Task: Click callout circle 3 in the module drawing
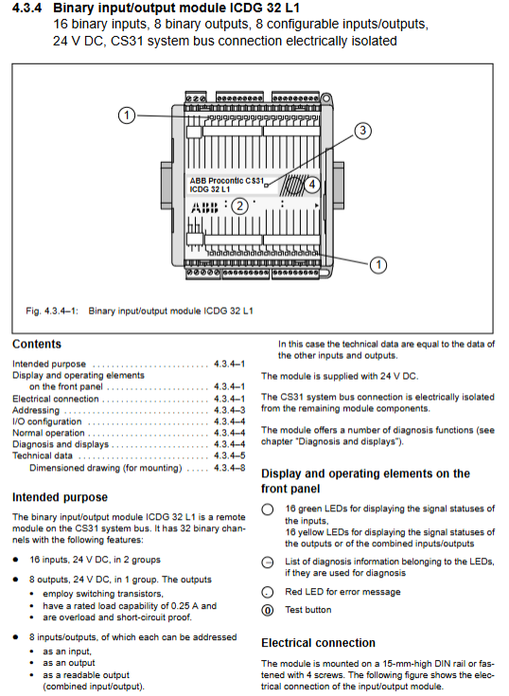click(362, 131)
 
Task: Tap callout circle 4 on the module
click(311, 185)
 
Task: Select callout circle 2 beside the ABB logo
click(240, 206)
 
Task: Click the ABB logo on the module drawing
click(204, 207)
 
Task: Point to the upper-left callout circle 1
click(127, 116)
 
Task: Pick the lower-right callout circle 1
click(377, 265)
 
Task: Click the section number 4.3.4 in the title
click(27, 8)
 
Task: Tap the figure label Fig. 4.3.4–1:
click(52, 311)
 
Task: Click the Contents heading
click(37, 344)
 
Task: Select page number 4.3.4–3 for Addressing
click(229, 410)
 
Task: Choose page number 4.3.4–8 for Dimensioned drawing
click(229, 468)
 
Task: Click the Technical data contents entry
click(43, 455)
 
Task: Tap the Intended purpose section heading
click(60, 497)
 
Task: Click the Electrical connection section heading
click(318, 643)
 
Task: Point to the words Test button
click(307, 610)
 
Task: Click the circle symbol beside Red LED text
click(268, 592)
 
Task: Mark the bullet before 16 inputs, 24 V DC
click(15, 560)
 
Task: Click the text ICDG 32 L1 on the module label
click(210, 189)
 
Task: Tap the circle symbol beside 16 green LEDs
click(268, 509)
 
